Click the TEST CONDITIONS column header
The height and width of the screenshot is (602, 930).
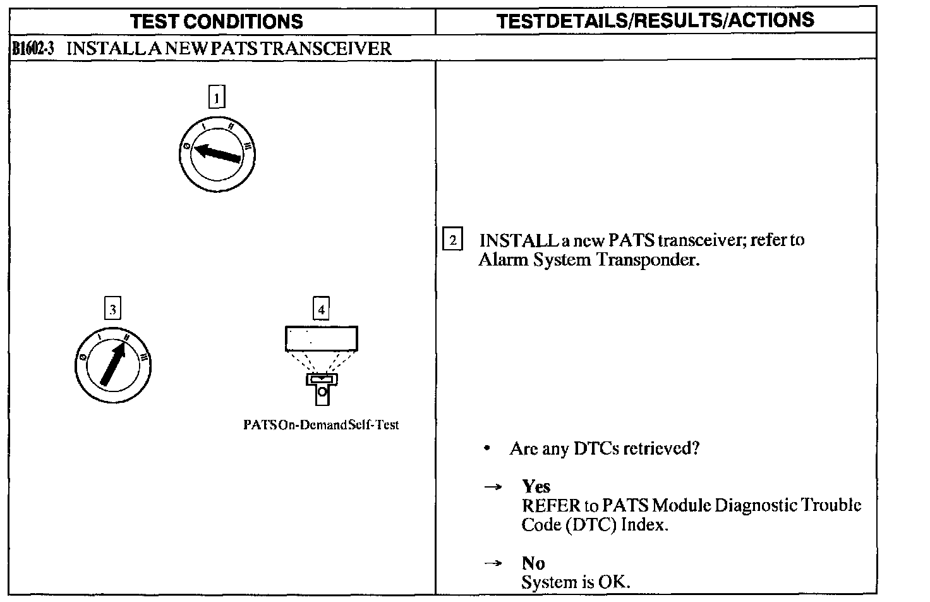click(x=217, y=21)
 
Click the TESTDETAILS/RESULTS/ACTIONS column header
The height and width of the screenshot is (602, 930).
click(x=655, y=20)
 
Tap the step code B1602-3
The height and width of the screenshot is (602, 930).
click(x=32, y=49)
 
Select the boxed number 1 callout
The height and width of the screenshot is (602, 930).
click(x=217, y=98)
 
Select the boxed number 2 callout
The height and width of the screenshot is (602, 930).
click(x=452, y=240)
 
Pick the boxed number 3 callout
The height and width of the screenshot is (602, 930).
click(x=112, y=309)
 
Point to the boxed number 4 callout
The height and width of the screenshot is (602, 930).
click(x=321, y=309)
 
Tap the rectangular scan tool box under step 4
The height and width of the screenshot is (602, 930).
click(x=321, y=338)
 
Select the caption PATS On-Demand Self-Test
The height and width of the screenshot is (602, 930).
click(x=321, y=425)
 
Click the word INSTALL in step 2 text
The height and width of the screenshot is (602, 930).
click(x=518, y=240)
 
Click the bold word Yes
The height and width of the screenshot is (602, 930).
click(x=536, y=486)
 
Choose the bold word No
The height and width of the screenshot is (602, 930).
click(x=533, y=563)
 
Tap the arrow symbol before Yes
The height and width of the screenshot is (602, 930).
click(x=493, y=487)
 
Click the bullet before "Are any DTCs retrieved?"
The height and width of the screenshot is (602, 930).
click(x=486, y=449)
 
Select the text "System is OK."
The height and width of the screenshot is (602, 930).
click(x=576, y=582)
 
